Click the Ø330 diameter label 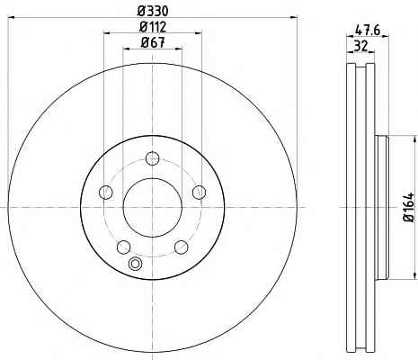[x=153, y=11]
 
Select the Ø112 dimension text [x=153, y=27]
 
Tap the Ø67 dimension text [x=153, y=42]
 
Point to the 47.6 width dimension [x=368, y=30]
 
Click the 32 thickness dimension [x=360, y=46]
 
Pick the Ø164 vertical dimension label [x=409, y=207]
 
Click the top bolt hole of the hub [x=153, y=158]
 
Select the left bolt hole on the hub [x=105, y=192]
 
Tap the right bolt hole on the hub [x=200, y=192]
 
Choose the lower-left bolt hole [x=123, y=247]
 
